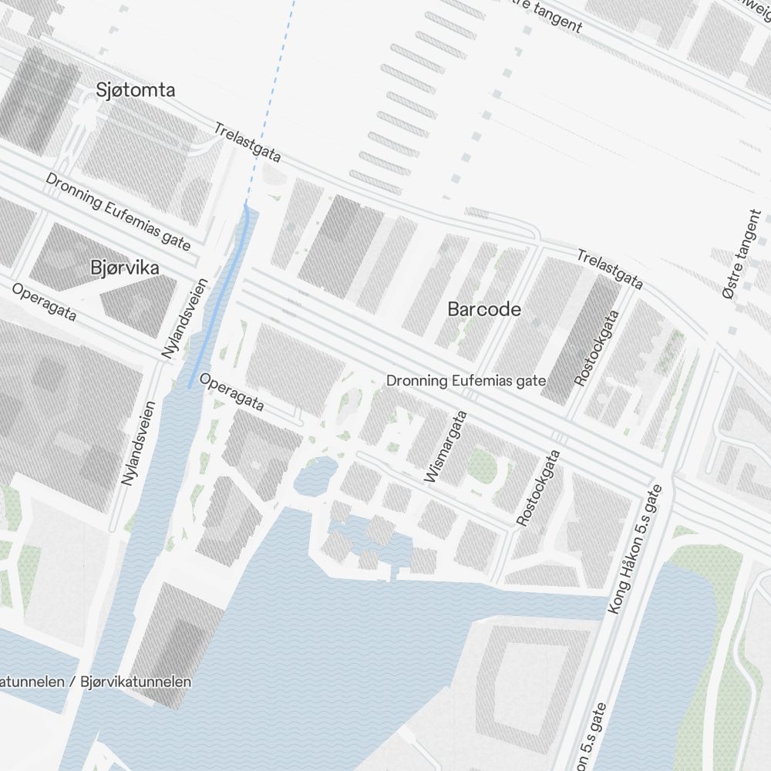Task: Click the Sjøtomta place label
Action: [x=136, y=90]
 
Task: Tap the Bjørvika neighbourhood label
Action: [x=125, y=268]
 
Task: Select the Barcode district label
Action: [x=484, y=310]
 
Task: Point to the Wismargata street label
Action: [x=446, y=447]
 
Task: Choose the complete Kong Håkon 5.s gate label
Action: [x=635, y=550]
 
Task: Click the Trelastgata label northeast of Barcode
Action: [x=610, y=269]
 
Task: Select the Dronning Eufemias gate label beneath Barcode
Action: [x=466, y=381]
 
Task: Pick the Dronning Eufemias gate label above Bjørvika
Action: [x=117, y=211]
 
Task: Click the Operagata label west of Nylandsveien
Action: [x=44, y=302]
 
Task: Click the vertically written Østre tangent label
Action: [x=742, y=254]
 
